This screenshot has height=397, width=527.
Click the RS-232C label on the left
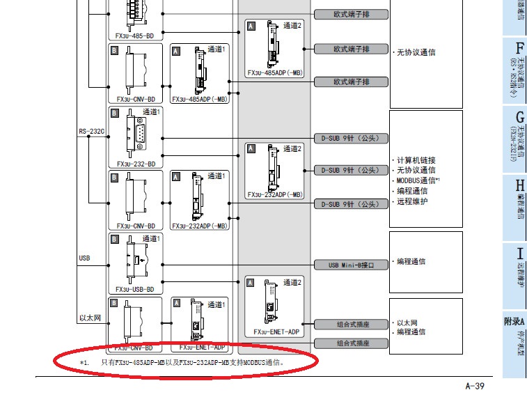[x=91, y=130]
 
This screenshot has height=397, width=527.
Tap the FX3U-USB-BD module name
[x=135, y=289]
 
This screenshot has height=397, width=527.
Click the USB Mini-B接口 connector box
[x=351, y=265]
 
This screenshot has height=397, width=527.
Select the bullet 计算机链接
[x=416, y=159]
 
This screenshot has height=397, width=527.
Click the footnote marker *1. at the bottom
[x=84, y=362]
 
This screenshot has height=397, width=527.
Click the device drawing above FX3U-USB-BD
[x=133, y=258]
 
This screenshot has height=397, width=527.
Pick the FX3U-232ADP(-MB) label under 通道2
[x=276, y=194]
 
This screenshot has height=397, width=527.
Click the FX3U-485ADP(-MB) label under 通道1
[x=199, y=99]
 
